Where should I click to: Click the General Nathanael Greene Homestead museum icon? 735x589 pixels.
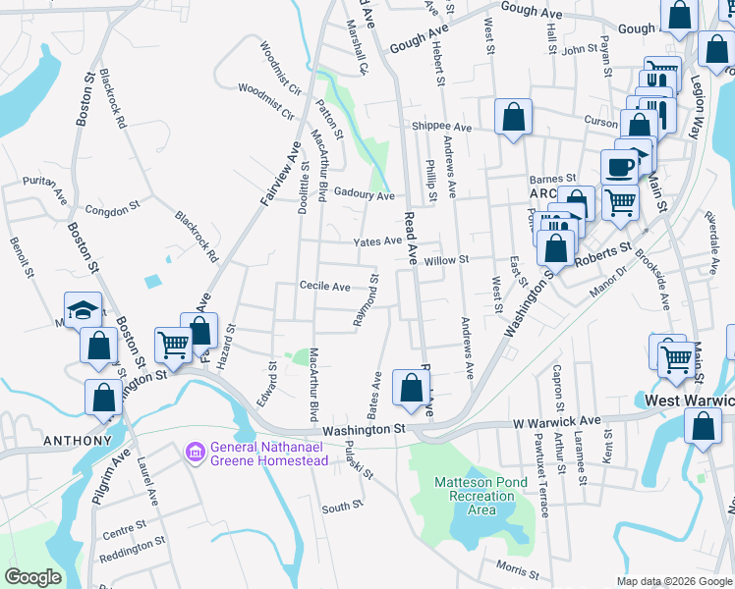195,452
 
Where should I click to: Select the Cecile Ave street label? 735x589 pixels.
325,287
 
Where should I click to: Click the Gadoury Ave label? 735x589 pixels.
364,195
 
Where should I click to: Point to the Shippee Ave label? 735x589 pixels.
441,127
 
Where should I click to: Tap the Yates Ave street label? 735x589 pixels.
377,241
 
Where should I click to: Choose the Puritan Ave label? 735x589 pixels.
44,184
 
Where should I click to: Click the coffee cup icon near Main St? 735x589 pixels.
619,166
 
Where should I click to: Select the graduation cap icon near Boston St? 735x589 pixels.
84,310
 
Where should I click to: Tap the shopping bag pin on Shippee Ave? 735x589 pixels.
513,118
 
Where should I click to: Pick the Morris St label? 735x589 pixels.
518,569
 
